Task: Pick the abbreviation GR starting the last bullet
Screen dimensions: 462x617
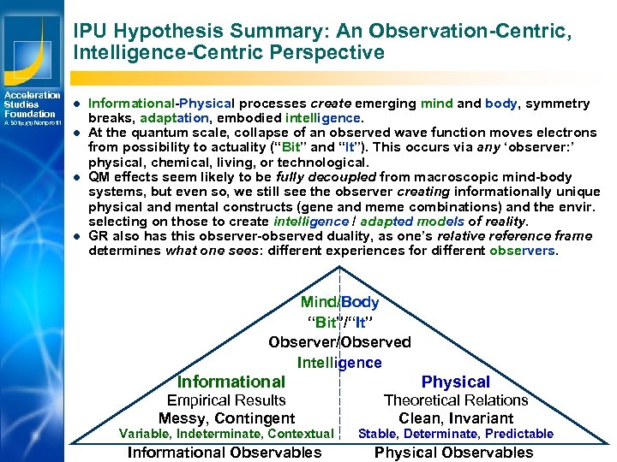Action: (99, 236)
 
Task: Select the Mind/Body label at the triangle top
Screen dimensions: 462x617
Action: (339, 302)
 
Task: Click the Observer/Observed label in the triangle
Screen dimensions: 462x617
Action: (339, 342)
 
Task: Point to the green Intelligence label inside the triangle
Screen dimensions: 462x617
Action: (339, 363)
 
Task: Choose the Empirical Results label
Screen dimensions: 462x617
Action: (226, 400)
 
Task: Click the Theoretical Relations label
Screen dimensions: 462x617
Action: (455, 400)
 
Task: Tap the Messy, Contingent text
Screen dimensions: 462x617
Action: (226, 418)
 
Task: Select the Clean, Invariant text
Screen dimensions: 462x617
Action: (456, 418)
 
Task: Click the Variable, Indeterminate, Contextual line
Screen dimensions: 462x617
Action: (226, 434)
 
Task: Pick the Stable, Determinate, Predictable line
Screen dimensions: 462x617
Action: (456, 434)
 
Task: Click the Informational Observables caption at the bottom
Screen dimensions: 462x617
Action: (225, 453)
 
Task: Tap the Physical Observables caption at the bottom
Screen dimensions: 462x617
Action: (454, 453)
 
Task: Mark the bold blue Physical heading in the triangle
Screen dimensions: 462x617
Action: (456, 382)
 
